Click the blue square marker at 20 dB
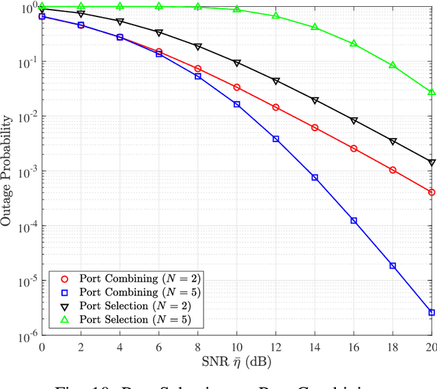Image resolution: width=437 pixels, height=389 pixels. [x=432, y=312]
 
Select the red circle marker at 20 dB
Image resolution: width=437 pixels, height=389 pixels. [x=432, y=193]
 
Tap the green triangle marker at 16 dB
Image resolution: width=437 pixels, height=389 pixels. [x=354, y=43]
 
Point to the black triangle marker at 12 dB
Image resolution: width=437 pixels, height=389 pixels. [x=276, y=81]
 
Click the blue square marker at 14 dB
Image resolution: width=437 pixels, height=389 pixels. [x=315, y=177]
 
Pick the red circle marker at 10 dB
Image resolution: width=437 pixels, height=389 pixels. [x=237, y=88]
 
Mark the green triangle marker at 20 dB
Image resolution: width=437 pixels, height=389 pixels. [x=432, y=91]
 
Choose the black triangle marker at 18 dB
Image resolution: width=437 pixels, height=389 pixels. [x=393, y=142]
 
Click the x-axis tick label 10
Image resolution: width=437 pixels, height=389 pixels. [x=236, y=347]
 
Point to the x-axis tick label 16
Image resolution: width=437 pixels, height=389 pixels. [x=353, y=347]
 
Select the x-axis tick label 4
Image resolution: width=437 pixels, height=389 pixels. [x=119, y=347]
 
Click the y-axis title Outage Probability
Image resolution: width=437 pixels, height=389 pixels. [x=8, y=171]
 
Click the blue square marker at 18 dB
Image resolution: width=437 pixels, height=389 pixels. [x=393, y=266]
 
